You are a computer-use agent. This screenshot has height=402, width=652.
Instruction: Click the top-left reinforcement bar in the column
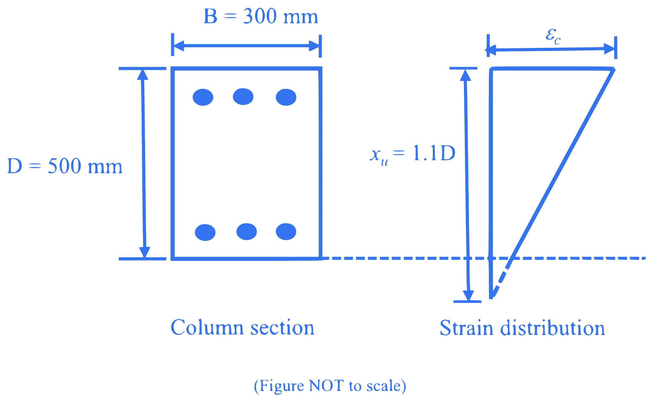click(203, 97)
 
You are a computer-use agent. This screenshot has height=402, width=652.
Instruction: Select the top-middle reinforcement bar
click(243, 96)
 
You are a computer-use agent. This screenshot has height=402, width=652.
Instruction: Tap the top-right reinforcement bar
click(286, 97)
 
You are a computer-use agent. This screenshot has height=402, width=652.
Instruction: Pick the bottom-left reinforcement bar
click(205, 232)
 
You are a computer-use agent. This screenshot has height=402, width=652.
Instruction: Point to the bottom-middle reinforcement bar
click(247, 231)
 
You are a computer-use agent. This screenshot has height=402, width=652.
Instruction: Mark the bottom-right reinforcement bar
click(286, 231)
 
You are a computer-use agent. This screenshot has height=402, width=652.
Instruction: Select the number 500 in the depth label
click(64, 166)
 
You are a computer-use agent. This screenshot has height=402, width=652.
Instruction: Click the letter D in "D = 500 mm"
click(14, 166)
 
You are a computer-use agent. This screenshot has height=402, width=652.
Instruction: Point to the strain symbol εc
click(553, 37)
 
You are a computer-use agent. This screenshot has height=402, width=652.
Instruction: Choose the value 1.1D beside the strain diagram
click(434, 153)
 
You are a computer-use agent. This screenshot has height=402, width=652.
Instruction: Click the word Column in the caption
click(207, 328)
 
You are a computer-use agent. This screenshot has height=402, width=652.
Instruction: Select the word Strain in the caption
click(466, 328)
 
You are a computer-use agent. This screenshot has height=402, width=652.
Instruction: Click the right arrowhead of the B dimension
click(314, 46)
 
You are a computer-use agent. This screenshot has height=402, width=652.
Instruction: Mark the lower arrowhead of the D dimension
click(144, 252)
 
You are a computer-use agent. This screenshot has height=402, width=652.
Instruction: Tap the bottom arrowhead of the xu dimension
click(468, 296)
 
